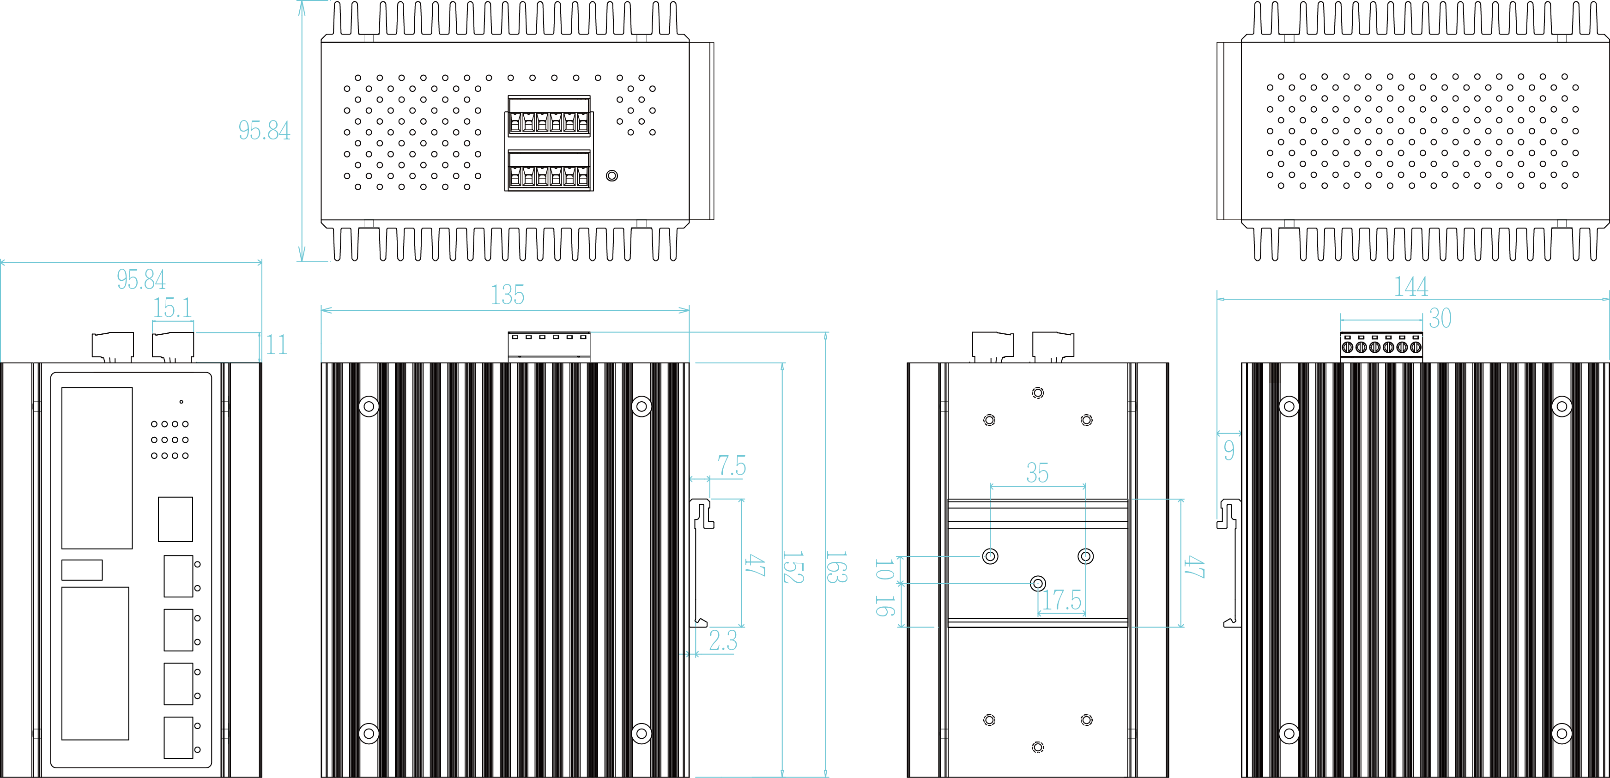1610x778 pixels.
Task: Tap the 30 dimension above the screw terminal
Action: [x=1440, y=319]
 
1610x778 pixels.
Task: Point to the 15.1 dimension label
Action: [x=173, y=308]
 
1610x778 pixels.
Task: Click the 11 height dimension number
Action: [x=276, y=345]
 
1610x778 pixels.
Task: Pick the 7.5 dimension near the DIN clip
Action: [x=731, y=466]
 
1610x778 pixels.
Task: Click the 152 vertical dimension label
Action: [x=793, y=567]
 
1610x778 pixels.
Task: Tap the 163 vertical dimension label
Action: [x=836, y=567]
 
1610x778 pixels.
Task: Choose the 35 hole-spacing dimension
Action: [x=1037, y=473]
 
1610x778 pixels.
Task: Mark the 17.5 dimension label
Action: [x=1061, y=600]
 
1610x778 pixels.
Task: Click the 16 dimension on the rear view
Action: [x=884, y=605]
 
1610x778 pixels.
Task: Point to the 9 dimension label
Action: [x=1229, y=450]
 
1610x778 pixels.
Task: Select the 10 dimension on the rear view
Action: [x=884, y=569]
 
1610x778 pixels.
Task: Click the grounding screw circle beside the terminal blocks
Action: [x=612, y=175]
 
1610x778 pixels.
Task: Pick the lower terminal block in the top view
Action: [x=549, y=170]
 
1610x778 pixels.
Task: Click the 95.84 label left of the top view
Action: [x=264, y=131]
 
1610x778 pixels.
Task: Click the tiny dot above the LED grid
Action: [x=181, y=402]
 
